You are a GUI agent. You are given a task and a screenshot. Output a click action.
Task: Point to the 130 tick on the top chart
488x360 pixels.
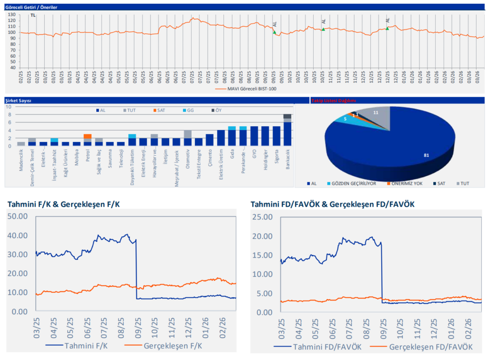12,15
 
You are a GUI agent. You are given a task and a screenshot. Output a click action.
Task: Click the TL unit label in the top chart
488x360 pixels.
33,15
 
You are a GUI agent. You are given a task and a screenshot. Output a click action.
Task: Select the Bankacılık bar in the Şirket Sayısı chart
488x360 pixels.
287,131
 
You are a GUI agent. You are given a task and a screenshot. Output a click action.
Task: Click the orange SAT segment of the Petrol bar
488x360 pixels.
87,136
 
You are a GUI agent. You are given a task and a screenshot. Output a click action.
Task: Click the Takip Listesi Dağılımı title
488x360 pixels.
333,100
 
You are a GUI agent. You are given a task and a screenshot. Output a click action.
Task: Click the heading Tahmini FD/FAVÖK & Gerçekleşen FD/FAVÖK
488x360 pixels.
332,204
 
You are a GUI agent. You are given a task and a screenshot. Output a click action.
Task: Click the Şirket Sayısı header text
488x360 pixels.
18,100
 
